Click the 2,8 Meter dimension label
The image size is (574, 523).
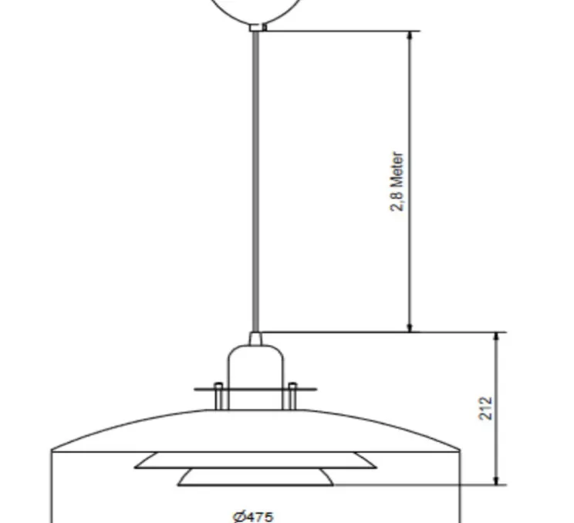[397, 181]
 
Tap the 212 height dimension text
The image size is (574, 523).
[486, 408]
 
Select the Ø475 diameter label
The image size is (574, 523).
[253, 517]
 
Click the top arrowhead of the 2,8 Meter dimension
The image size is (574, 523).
[410, 35]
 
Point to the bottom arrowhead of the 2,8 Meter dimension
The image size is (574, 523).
[410, 328]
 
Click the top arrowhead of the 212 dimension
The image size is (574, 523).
[496, 337]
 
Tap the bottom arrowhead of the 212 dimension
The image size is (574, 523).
[496, 480]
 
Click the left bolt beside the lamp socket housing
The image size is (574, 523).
[218, 396]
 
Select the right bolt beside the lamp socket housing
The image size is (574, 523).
[292, 396]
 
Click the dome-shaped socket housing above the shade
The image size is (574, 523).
[255, 377]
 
